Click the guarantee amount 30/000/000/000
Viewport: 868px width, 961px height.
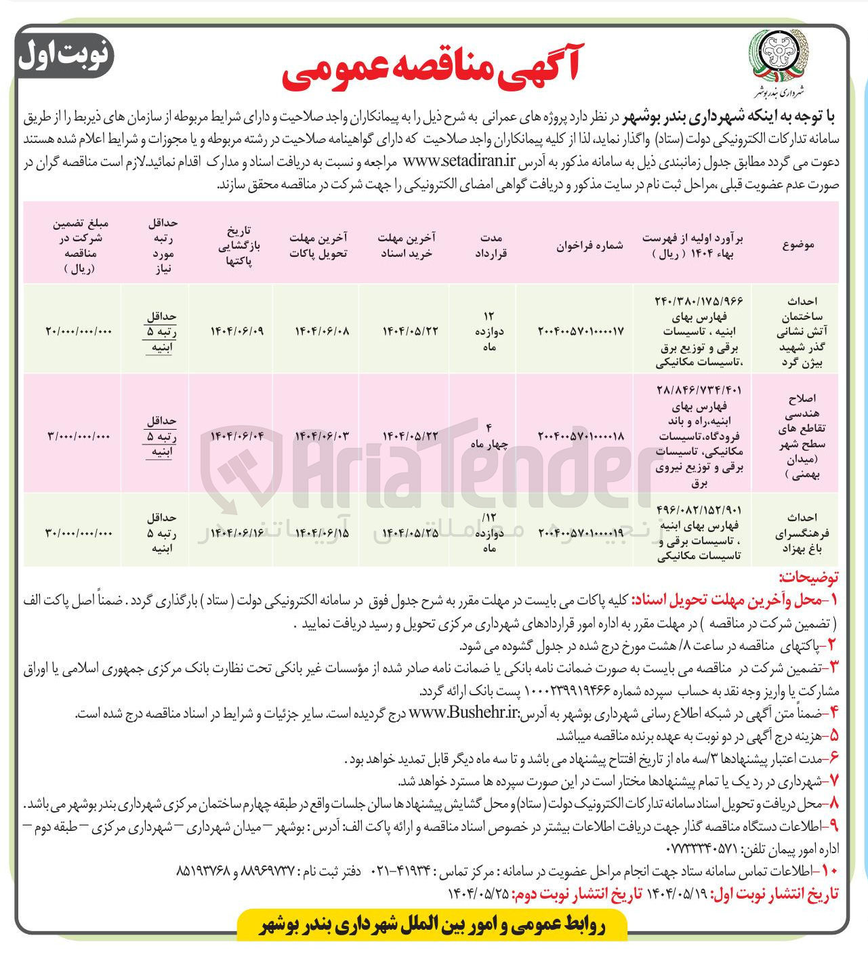[79, 532]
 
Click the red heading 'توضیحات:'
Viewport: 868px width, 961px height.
[808, 577]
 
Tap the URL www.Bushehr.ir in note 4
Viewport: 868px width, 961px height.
[464, 713]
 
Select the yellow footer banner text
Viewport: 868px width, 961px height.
[433, 925]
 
